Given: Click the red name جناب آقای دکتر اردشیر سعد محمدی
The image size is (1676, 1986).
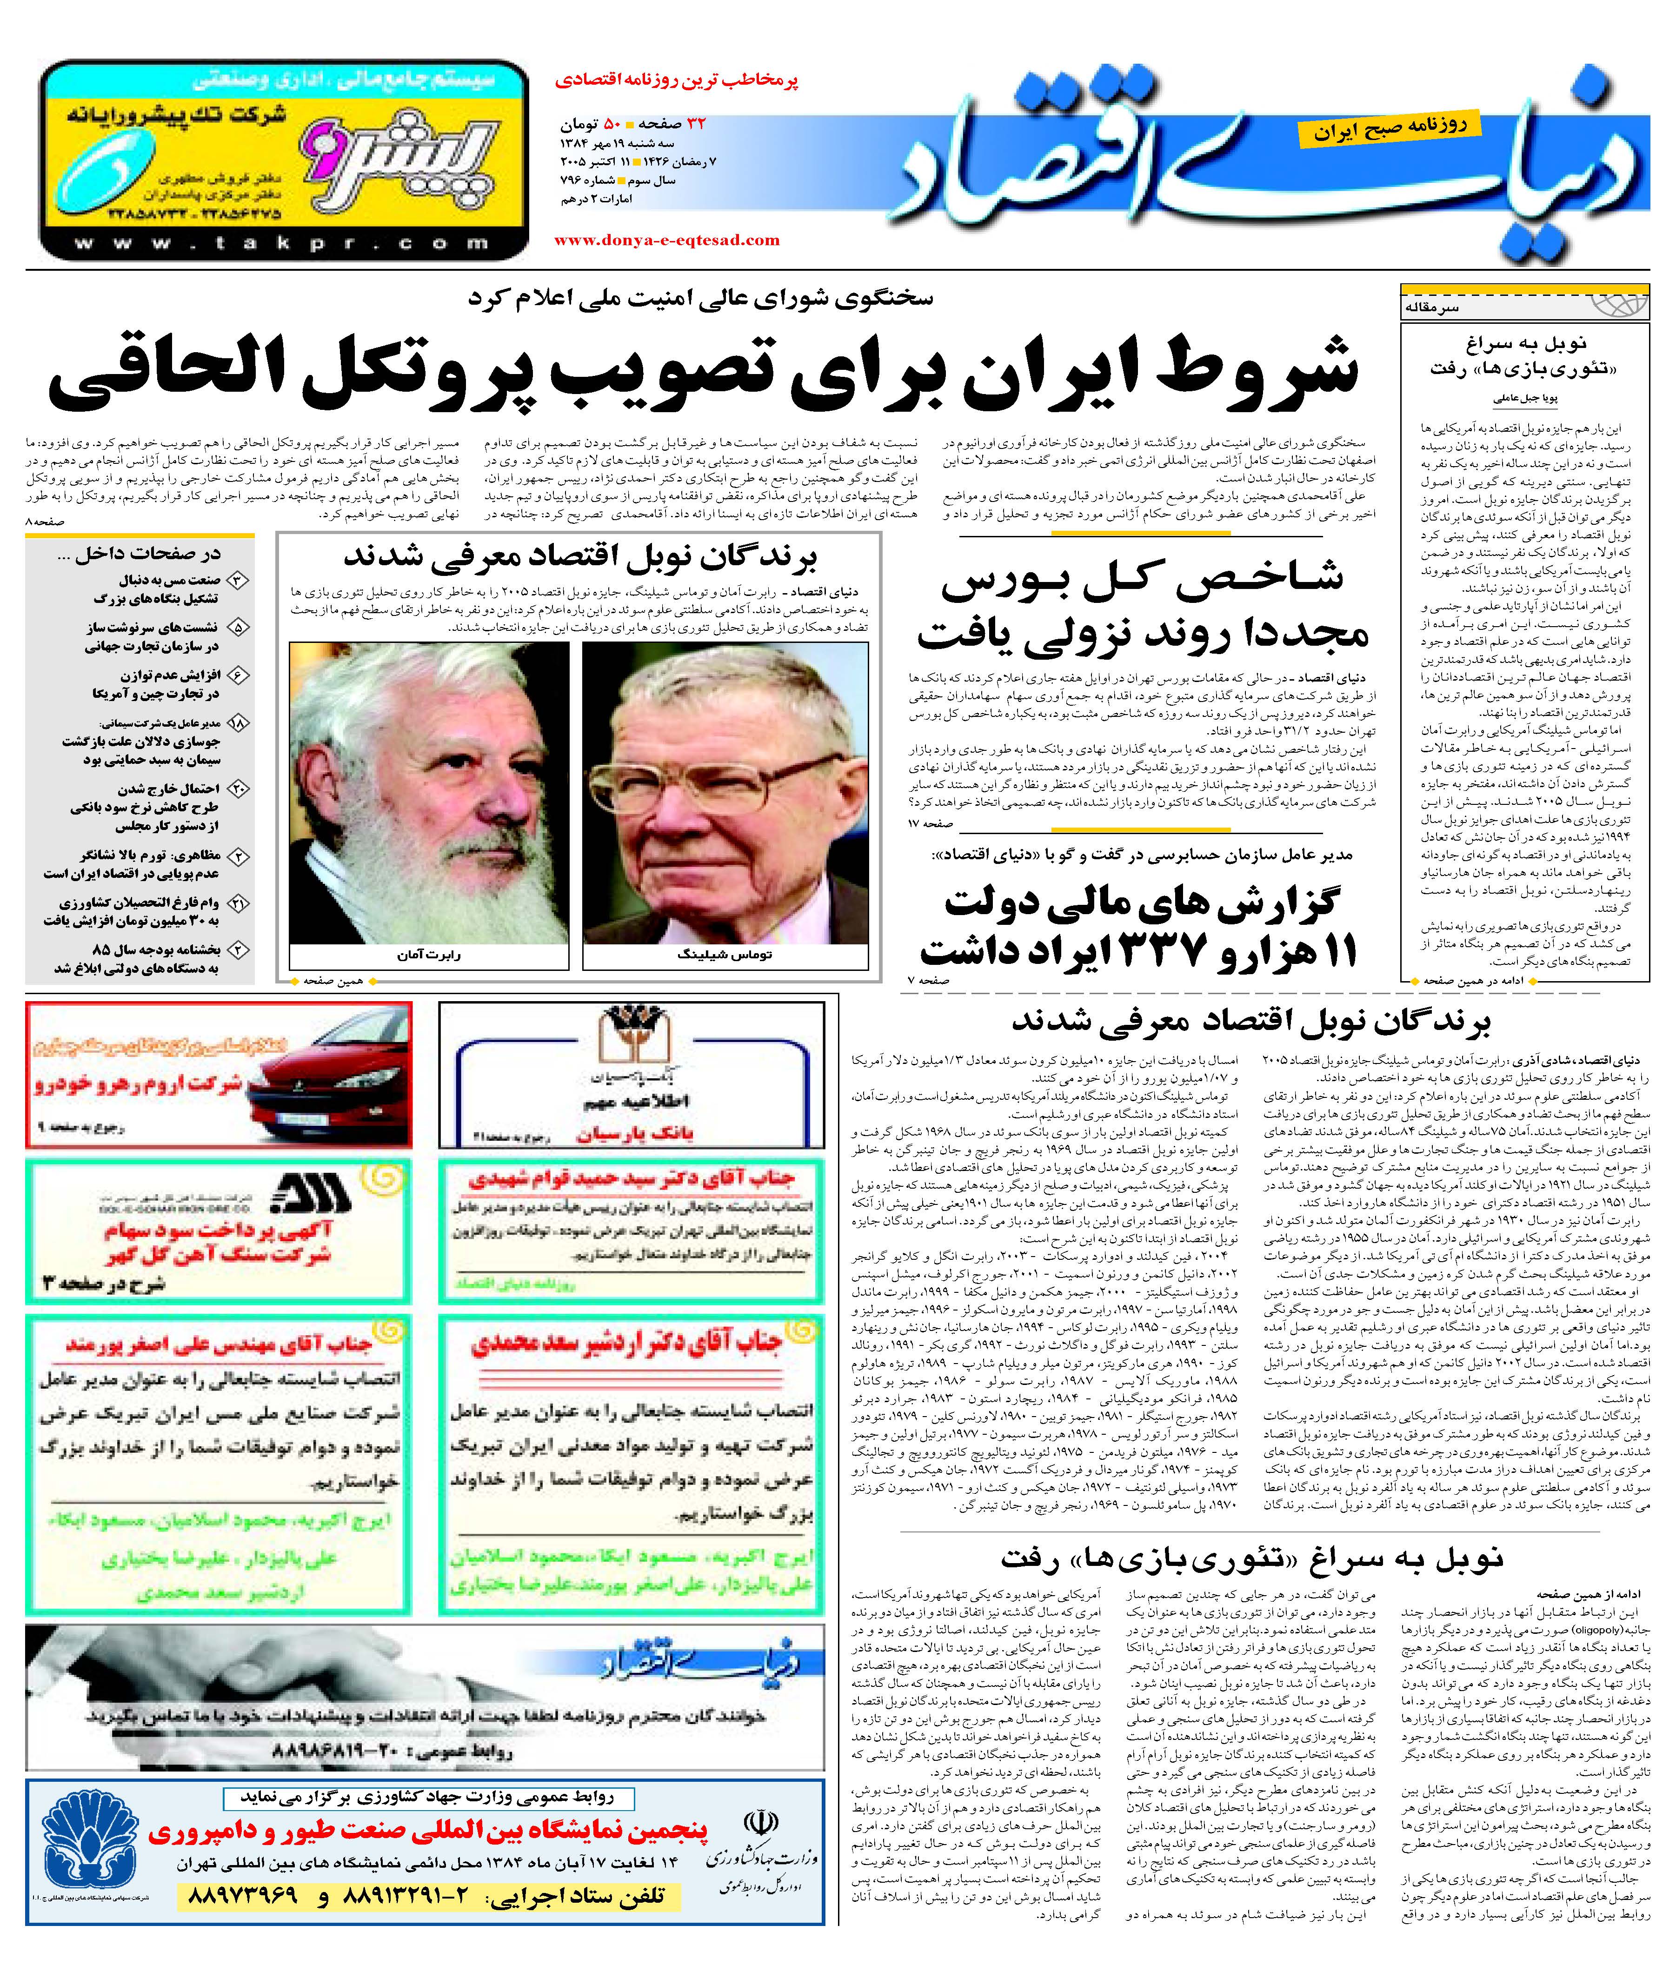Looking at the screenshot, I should tap(627, 1343).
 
